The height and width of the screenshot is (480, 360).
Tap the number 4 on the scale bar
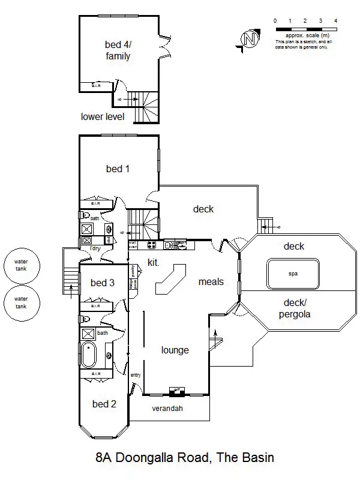tap(335, 21)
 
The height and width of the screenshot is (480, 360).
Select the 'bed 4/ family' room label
tap(118, 50)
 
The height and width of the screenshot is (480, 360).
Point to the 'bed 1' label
tap(118, 169)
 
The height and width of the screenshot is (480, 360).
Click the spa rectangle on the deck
tap(293, 274)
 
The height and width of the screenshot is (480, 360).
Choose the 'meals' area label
tap(211, 281)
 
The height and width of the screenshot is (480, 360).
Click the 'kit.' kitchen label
tap(154, 262)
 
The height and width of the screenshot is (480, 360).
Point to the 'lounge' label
tap(175, 350)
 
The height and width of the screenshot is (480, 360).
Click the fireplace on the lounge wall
tap(176, 391)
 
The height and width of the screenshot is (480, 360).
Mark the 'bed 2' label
tap(104, 404)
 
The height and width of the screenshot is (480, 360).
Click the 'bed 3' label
tap(103, 283)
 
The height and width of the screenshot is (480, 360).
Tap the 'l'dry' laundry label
tap(94, 248)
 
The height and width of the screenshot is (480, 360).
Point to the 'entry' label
tap(135, 375)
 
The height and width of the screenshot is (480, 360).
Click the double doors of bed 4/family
tap(162, 47)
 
